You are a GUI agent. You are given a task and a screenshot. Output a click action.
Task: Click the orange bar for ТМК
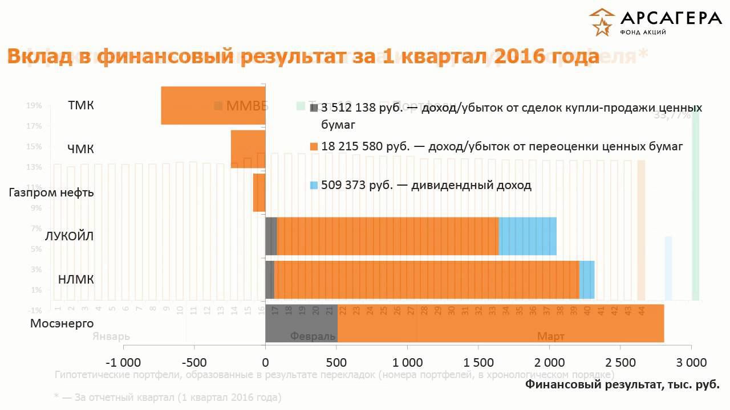tap(213, 105)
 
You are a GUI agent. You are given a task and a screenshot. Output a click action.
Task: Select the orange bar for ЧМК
tap(248, 149)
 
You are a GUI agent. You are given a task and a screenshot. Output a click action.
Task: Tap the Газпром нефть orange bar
tap(259, 192)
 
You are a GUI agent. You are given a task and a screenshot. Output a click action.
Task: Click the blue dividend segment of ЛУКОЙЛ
tap(528, 236)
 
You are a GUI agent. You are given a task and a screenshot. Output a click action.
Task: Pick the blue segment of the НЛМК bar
tap(587, 280)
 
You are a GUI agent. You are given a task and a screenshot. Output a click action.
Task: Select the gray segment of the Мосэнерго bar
tap(301, 323)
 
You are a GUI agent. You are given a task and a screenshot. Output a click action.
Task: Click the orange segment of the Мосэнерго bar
tap(501, 323)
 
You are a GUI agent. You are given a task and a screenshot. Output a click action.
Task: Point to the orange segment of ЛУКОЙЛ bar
tap(388, 236)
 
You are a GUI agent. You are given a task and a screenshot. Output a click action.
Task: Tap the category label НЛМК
tap(76, 280)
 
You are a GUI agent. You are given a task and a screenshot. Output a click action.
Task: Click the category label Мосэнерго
tap(62, 323)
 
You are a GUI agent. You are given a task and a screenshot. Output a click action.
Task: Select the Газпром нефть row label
tap(51, 192)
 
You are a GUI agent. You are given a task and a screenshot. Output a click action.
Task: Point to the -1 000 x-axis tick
tap(123, 362)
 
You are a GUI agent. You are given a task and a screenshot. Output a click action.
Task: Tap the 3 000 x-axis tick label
tap(691, 362)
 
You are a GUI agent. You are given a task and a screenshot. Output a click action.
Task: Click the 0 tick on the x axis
tap(265, 362)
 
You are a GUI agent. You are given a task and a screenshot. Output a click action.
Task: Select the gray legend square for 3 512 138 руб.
tap(314, 108)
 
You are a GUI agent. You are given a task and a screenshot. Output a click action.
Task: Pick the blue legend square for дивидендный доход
tap(314, 186)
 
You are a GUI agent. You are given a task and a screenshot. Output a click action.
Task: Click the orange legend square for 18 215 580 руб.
tap(314, 147)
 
